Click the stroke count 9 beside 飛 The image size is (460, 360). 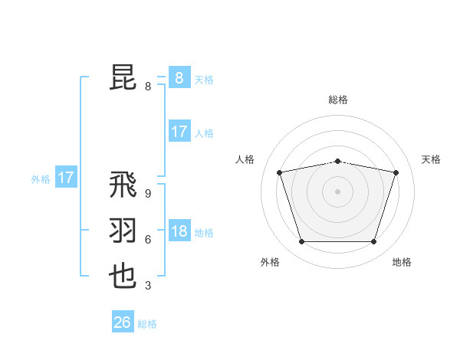pyautogui.click(x=147, y=195)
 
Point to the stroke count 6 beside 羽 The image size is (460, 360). pyautogui.click(x=147, y=240)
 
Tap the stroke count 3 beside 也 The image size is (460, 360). pyautogui.click(x=147, y=286)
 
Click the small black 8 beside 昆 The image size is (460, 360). pyautogui.click(x=147, y=87)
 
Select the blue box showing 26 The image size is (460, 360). pyautogui.click(x=123, y=322)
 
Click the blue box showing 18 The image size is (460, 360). pyautogui.click(x=179, y=232)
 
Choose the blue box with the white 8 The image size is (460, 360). pyautogui.click(x=179, y=78)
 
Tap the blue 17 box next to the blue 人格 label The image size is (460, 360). pyautogui.click(x=179, y=132)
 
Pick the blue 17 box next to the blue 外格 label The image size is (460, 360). pyautogui.click(x=66, y=178)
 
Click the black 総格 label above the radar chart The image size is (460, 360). pyautogui.click(x=338, y=100)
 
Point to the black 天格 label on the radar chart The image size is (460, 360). pyautogui.click(x=432, y=159)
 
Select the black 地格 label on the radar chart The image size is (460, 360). pyautogui.click(x=402, y=262)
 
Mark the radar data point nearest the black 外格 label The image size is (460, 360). pyautogui.click(x=301, y=242)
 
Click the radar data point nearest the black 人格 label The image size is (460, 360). pyautogui.click(x=280, y=172)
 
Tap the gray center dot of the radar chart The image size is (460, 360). pyautogui.click(x=338, y=191)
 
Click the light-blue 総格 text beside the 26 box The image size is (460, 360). pyautogui.click(x=147, y=324)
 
